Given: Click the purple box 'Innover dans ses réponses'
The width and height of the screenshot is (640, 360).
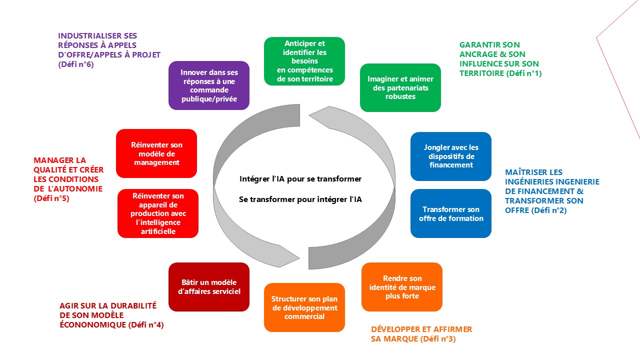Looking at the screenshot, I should [209, 85].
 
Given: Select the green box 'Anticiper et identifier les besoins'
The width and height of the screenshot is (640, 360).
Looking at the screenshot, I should [304, 61].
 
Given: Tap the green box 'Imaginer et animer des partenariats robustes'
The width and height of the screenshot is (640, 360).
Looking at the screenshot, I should [400, 87].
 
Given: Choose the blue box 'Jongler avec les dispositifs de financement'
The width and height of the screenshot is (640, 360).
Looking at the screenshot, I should [451, 156].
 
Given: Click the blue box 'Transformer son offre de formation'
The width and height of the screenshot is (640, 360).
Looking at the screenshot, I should [451, 213].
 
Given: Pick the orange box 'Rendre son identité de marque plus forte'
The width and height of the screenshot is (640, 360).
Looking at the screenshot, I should [402, 287].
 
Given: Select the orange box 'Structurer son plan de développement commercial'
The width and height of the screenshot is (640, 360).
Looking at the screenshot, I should [304, 307].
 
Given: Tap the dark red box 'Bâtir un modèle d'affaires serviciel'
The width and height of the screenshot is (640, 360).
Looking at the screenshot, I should [209, 287].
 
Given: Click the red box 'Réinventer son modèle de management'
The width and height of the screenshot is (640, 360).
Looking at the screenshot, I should [156, 153].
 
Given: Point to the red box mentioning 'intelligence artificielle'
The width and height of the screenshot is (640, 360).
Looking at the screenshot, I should [158, 213].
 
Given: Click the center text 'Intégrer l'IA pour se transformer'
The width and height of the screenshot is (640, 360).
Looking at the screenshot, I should [300, 178].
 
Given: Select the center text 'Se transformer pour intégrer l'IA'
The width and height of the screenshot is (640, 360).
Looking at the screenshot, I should [300, 199].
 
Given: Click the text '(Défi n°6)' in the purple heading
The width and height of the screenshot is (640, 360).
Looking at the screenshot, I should [76, 64].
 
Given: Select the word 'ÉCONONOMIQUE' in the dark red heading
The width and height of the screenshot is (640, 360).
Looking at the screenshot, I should [92, 325].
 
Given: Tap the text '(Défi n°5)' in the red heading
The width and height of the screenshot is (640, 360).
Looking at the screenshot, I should [51, 198].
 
